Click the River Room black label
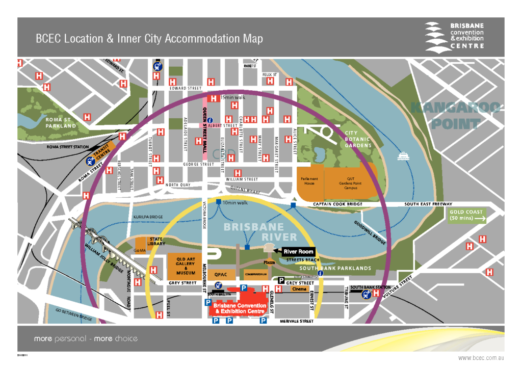point(298,251)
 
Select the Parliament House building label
point(309,181)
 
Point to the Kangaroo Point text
point(456,115)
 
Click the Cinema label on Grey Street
point(299,289)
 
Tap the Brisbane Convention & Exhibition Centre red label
point(240,308)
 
